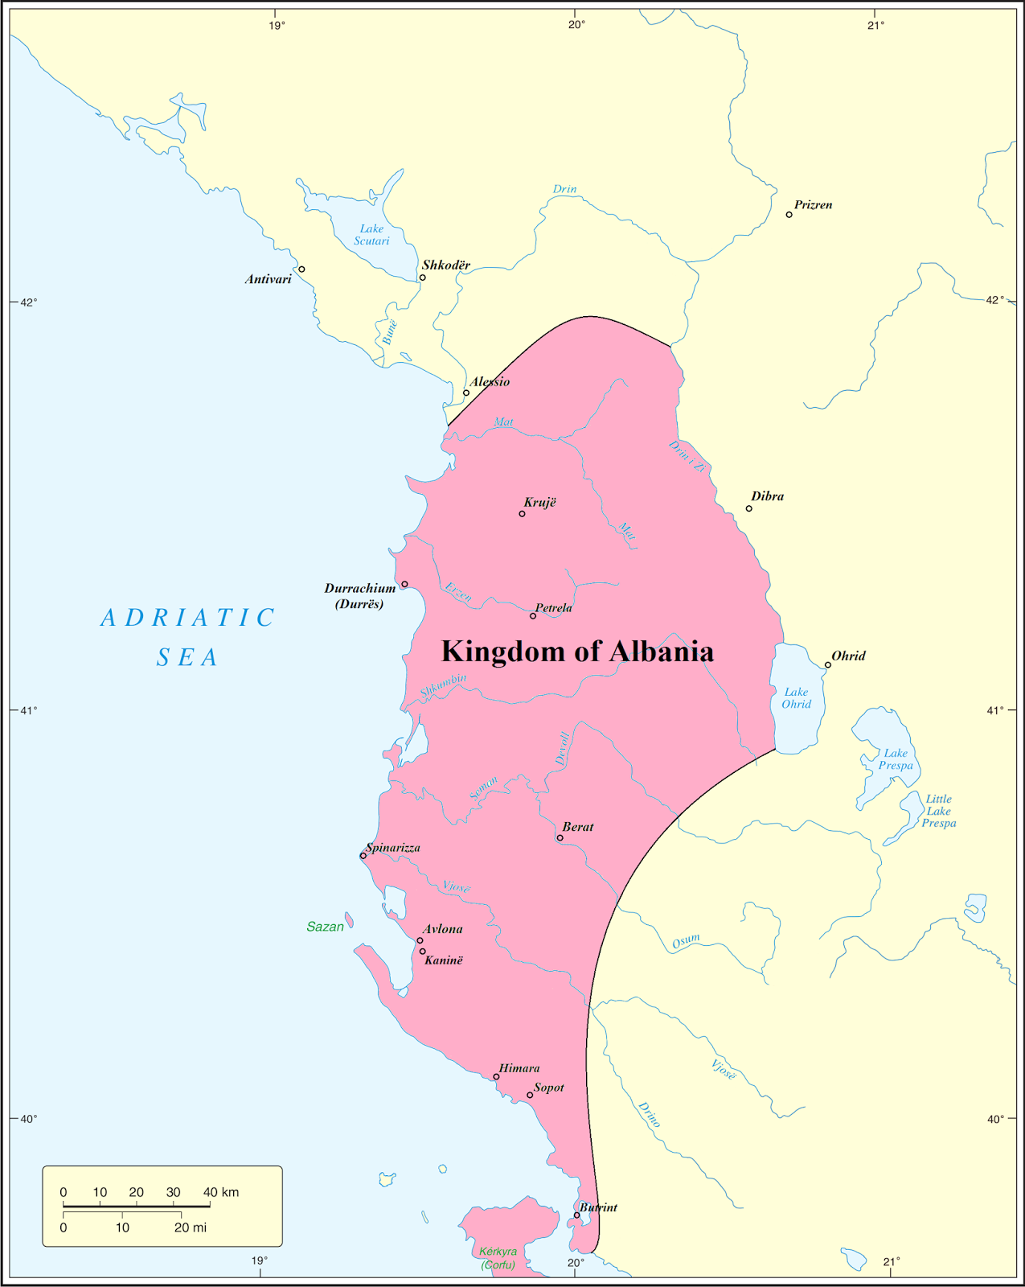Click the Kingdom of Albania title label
coord(577,652)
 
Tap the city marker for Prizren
coord(789,215)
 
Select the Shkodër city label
coord(446,265)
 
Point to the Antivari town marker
coord(301,269)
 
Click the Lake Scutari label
coord(371,235)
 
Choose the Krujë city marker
coord(523,514)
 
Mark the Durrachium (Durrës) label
coord(360,596)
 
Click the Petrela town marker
coord(533,616)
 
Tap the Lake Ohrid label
coord(797,698)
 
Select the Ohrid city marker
coord(828,665)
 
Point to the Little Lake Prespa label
coord(939,811)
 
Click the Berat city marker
coord(560,838)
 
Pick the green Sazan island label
coord(326,927)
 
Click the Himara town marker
coord(496,1077)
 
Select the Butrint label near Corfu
coord(599,1207)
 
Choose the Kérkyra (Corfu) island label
coord(498,1258)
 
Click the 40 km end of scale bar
coord(211,1205)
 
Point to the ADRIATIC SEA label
coord(188,637)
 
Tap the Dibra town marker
coord(749,508)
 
